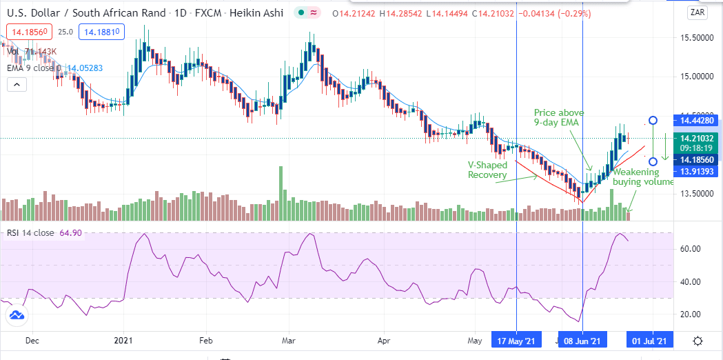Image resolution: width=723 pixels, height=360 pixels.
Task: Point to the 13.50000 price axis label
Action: [x=696, y=194]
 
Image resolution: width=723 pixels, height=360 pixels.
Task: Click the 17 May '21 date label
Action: [x=516, y=341]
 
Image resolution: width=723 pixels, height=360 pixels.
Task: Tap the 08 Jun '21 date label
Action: [x=582, y=341]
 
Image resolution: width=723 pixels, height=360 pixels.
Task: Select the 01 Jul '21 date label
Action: [x=649, y=341]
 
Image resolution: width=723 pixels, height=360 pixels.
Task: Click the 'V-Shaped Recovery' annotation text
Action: [x=487, y=170]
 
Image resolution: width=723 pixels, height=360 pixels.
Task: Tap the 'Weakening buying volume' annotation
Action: [x=643, y=177]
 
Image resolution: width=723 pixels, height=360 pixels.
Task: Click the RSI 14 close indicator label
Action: [x=44, y=233]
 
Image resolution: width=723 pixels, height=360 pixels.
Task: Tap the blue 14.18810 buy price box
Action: [x=101, y=32]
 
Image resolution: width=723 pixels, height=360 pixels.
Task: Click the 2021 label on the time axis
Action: [x=123, y=341]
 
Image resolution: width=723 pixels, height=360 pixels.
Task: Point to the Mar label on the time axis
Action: [x=289, y=341]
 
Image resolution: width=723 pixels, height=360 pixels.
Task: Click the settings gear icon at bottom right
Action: [x=698, y=341]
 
